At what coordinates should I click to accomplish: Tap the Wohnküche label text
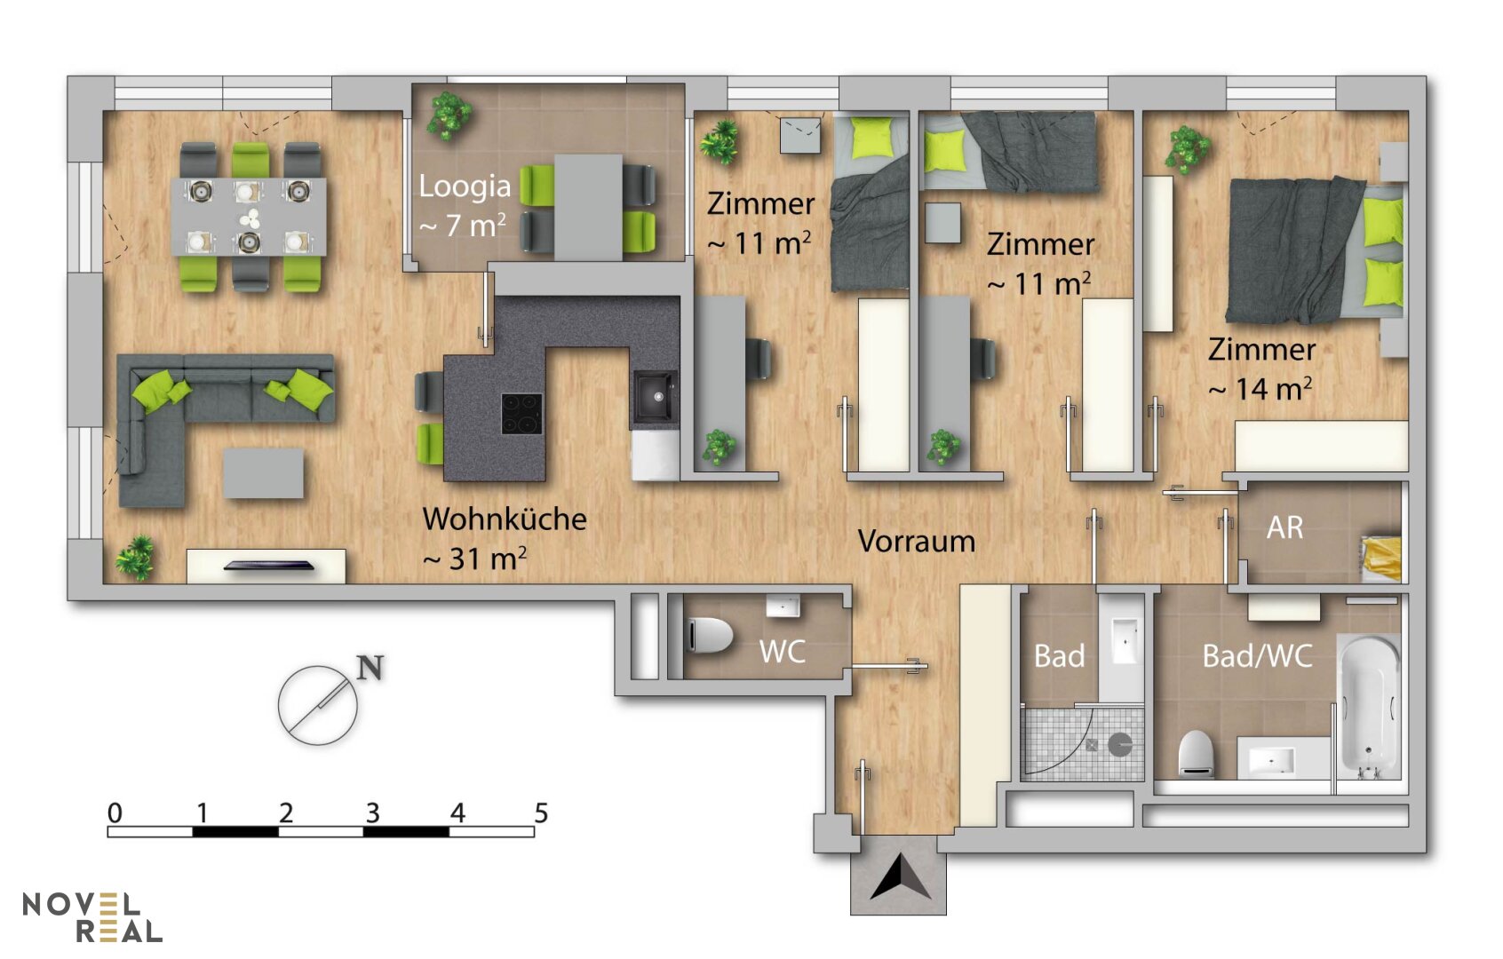pos(505,519)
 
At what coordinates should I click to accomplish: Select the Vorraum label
pos(917,541)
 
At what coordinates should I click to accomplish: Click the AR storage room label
pos(1285,527)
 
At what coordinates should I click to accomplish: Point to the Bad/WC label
pos(1258,656)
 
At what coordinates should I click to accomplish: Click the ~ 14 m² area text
pos(1260,389)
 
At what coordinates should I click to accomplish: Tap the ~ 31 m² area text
pos(474,558)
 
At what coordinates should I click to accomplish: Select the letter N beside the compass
pos(370,668)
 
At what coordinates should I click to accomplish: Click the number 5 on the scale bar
pos(541,812)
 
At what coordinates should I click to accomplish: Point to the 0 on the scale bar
pos(115,812)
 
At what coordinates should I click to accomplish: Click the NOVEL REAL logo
pos(92,917)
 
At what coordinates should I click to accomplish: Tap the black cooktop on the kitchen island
pos(521,414)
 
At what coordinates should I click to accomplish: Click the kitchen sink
pos(654,397)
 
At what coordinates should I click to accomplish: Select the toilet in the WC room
pos(710,634)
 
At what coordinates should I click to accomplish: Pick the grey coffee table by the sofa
pos(263,473)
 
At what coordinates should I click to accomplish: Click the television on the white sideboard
pos(268,566)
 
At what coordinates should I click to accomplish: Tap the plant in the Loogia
pos(449,115)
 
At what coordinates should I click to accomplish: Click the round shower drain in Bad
pos(1119,744)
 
